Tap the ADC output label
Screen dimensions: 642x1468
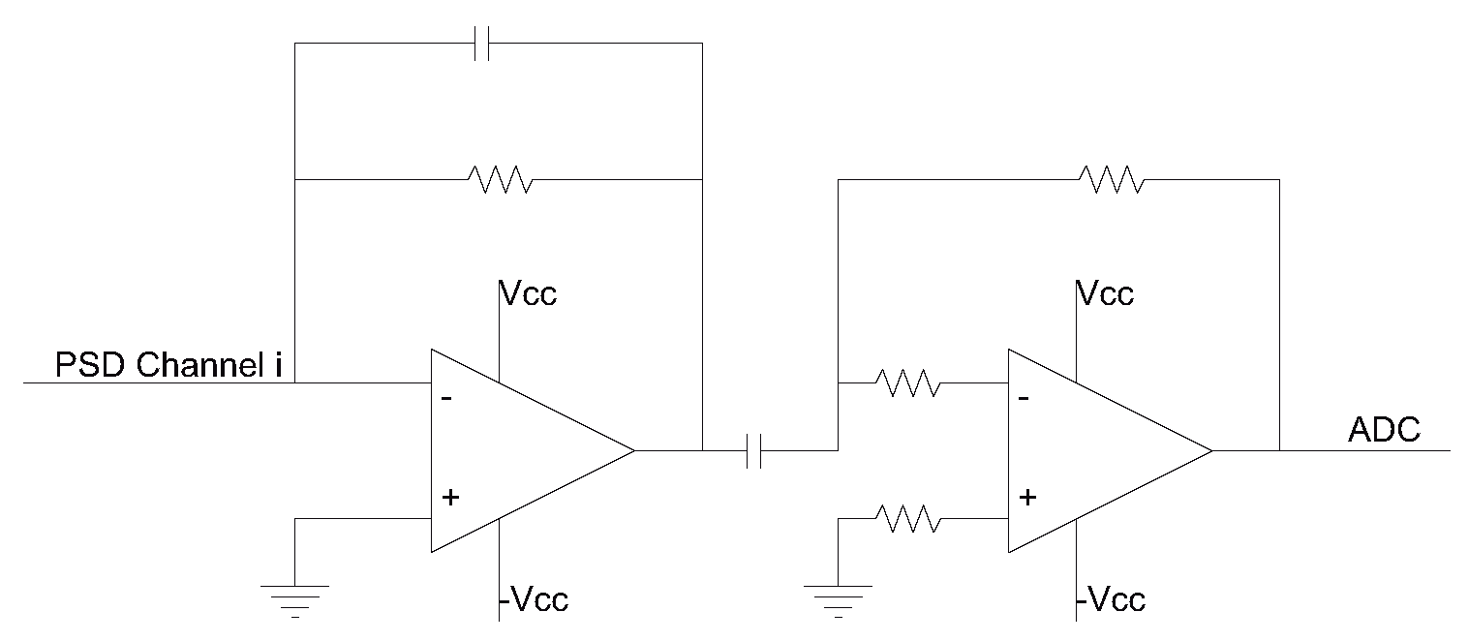tap(1384, 429)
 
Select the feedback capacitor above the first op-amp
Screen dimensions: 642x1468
tap(483, 44)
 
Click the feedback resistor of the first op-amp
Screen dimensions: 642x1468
tap(500, 179)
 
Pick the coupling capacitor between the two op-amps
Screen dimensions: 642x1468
tap(755, 451)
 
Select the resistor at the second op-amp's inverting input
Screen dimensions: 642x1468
tap(906, 382)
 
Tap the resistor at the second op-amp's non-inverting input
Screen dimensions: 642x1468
tap(906, 518)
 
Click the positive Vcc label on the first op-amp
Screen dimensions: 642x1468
tap(528, 293)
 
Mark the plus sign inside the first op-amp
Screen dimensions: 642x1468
tap(449, 498)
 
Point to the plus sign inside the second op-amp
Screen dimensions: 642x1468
tap(1026, 498)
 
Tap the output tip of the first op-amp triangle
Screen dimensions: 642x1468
tap(633, 450)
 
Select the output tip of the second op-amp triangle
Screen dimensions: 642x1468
tap(1210, 450)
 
